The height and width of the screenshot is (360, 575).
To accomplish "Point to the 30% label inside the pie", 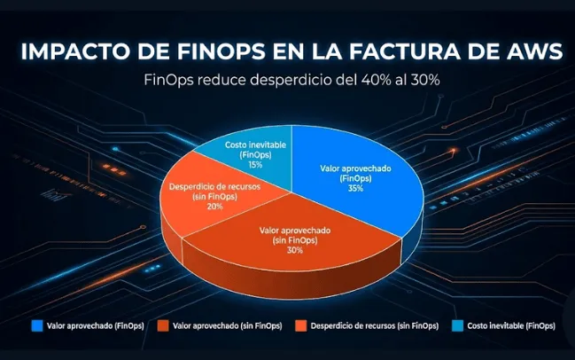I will (x=294, y=250).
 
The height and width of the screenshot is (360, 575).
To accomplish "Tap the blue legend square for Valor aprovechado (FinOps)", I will (x=36, y=325).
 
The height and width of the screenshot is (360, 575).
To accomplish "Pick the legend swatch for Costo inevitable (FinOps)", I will (x=456, y=325).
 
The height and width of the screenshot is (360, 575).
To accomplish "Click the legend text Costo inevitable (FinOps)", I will (x=511, y=325).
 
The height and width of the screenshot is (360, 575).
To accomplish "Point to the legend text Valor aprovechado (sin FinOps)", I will (x=227, y=325).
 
